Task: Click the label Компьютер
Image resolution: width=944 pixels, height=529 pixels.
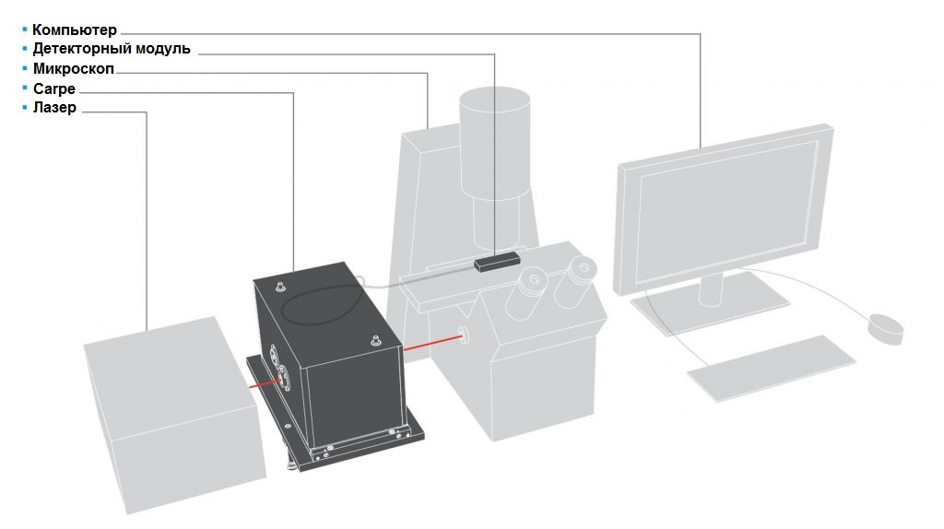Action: [x=75, y=29]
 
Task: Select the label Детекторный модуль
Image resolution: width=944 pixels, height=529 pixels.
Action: [x=112, y=49]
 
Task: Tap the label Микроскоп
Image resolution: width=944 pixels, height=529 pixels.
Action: [x=74, y=68]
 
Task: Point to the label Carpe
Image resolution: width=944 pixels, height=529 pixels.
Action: [x=54, y=88]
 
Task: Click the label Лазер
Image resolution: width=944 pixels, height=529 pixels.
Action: [x=54, y=107]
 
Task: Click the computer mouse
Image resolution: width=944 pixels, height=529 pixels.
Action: [x=885, y=327]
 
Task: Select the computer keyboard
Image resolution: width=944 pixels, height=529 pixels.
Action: [x=772, y=368]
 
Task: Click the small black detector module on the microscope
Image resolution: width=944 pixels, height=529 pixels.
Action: [x=497, y=262]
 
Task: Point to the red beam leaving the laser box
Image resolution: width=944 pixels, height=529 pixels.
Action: [x=264, y=383]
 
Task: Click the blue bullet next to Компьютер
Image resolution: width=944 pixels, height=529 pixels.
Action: [x=25, y=29]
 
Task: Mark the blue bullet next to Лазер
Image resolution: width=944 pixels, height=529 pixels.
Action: [x=25, y=107]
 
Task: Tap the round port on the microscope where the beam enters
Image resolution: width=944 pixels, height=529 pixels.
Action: [x=465, y=335]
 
